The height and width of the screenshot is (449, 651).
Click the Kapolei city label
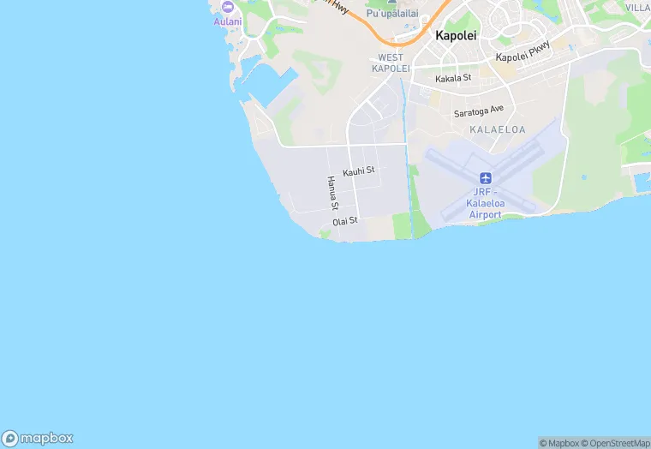click(456, 36)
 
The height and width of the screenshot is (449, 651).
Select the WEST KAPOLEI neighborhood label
click(391, 63)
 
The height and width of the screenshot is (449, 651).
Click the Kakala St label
click(453, 78)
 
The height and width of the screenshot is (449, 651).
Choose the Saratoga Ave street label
click(479, 111)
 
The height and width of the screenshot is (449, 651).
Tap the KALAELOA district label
click(498, 129)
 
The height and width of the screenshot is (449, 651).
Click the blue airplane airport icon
click(486, 178)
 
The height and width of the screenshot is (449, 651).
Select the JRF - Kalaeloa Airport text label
click(485, 203)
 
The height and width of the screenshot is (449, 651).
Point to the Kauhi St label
click(359, 171)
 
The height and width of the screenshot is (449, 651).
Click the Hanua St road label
click(332, 193)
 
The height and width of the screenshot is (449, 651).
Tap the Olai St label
click(344, 221)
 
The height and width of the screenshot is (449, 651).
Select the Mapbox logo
click(38, 438)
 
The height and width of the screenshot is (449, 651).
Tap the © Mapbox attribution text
click(558, 443)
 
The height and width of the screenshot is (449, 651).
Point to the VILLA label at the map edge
click(637, 7)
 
